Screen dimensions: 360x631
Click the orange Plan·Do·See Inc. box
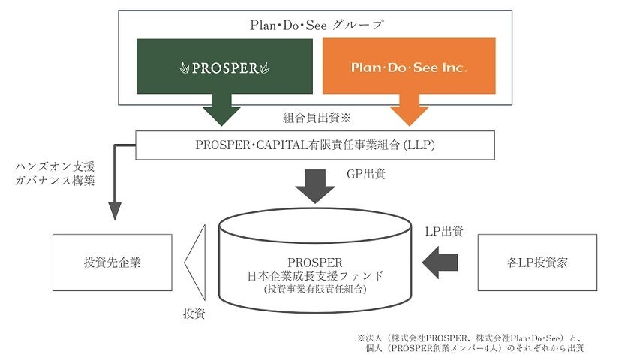click(409, 66)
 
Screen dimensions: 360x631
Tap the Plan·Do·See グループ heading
click(316, 25)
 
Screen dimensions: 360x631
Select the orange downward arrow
click(409, 109)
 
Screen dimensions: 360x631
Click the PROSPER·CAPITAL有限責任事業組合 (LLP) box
click(315, 145)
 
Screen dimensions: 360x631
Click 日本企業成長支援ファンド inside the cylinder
click(314, 275)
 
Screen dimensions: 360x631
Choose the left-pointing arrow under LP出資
click(441, 262)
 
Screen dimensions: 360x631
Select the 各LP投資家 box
click(537, 262)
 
